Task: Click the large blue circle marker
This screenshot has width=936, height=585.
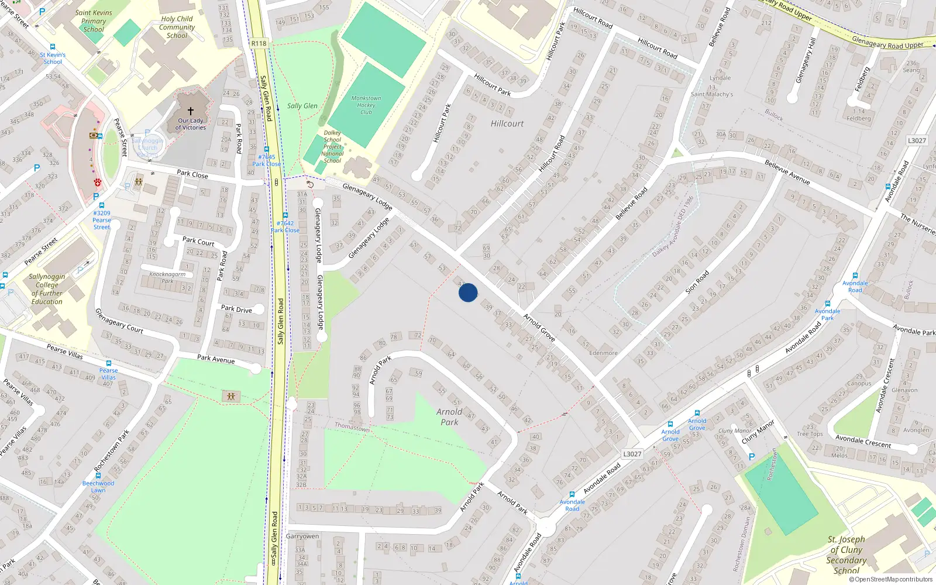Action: (468, 292)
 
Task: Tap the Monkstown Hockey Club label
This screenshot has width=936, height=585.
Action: (366, 105)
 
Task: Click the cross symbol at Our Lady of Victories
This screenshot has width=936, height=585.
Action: (190, 111)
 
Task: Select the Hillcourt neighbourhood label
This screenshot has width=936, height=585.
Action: (507, 123)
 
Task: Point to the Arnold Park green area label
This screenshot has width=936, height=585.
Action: (449, 417)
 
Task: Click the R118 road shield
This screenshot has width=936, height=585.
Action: (259, 43)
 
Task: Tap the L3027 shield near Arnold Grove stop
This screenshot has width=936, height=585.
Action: (632, 454)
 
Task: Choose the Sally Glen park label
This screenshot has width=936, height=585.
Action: (302, 106)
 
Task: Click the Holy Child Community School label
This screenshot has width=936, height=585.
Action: (177, 27)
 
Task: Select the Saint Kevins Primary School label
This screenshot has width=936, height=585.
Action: (94, 21)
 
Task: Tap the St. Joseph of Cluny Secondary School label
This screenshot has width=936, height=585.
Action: (846, 555)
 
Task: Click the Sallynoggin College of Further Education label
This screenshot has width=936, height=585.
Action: (47, 289)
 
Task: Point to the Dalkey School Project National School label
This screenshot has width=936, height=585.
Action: (332, 147)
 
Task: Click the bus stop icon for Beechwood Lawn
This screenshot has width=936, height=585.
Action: (98, 476)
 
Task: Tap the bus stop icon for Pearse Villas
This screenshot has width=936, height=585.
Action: (108, 363)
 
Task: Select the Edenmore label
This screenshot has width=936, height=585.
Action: (603, 353)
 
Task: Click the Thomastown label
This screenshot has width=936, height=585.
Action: (352, 427)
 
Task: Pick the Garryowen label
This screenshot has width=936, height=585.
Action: (302, 536)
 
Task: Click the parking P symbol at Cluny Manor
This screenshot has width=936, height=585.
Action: (752, 456)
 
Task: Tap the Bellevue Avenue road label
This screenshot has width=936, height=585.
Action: (787, 173)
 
